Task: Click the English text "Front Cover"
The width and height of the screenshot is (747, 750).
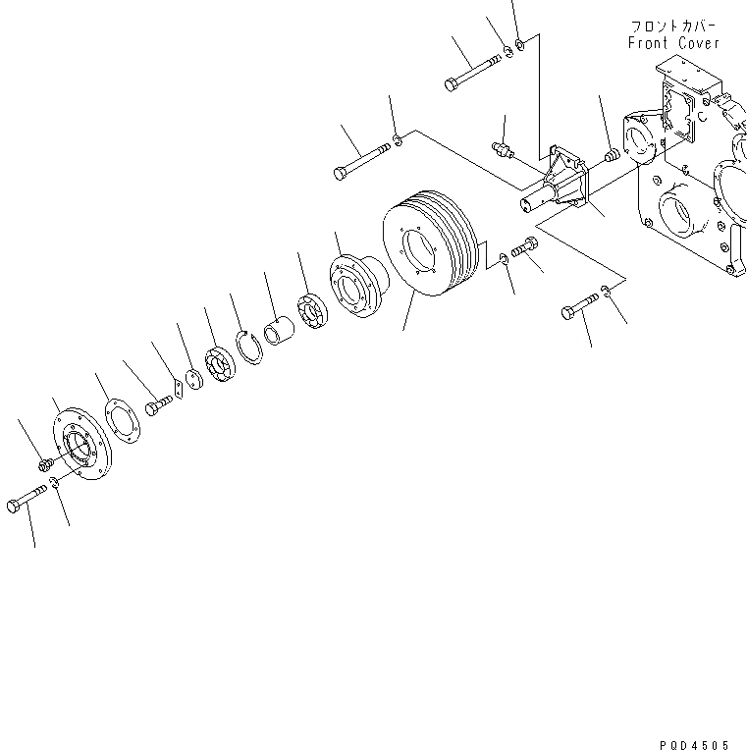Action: tap(673, 43)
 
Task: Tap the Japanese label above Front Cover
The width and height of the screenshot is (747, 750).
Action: tap(673, 26)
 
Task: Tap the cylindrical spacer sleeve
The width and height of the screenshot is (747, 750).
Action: tap(281, 332)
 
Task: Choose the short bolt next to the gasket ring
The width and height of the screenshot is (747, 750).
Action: tap(157, 406)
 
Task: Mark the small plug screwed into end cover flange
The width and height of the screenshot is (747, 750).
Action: tap(46, 462)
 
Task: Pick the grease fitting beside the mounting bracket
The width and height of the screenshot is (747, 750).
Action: tap(504, 149)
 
